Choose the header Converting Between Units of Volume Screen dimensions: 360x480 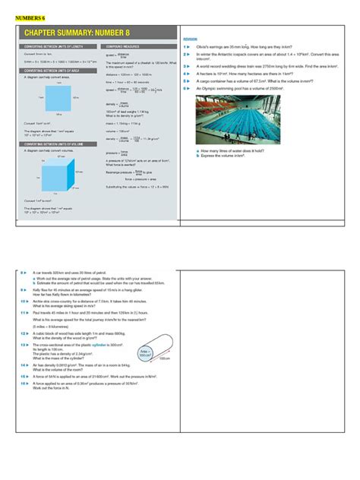(54, 143)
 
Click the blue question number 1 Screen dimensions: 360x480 (185, 46)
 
